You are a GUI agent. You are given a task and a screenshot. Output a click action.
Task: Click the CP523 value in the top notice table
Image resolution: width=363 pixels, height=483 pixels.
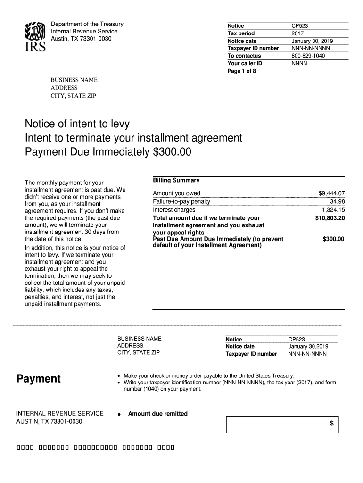coord(300,26)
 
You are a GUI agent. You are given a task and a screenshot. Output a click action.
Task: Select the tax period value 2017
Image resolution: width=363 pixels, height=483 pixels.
coord(298,33)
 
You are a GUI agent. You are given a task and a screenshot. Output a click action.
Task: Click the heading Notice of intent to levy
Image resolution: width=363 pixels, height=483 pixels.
coord(77,124)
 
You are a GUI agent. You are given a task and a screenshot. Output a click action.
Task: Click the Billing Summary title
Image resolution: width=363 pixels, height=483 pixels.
coord(176,180)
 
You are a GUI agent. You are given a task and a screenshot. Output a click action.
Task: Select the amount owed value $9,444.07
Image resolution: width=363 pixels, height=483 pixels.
coord(332,193)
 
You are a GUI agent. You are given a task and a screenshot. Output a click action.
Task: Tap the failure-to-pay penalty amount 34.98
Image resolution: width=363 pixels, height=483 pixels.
coord(337,201)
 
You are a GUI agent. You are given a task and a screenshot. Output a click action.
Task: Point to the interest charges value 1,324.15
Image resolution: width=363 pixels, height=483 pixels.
coord(333,210)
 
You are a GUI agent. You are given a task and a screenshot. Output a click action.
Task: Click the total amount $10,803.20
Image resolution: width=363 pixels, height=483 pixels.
coord(330,218)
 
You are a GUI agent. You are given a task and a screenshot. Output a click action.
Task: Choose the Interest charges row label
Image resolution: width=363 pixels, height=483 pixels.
coord(174,210)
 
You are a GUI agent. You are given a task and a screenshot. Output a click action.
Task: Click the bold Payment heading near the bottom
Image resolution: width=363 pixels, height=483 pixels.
coord(39,379)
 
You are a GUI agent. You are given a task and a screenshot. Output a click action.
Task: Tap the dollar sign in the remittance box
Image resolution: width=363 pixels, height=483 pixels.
coord(331,424)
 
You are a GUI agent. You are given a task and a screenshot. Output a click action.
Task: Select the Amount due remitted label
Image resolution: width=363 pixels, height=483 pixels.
coord(158,414)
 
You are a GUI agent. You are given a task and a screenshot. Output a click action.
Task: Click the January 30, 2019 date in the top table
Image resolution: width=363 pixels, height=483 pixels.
coord(312,41)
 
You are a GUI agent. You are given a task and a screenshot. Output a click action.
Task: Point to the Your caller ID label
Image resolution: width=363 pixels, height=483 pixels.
coord(245,63)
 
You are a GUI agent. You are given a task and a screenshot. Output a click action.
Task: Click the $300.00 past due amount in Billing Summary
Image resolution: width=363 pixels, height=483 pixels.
coord(333,239)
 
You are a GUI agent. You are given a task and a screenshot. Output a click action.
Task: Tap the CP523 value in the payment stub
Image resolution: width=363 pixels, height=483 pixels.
coord(297,340)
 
